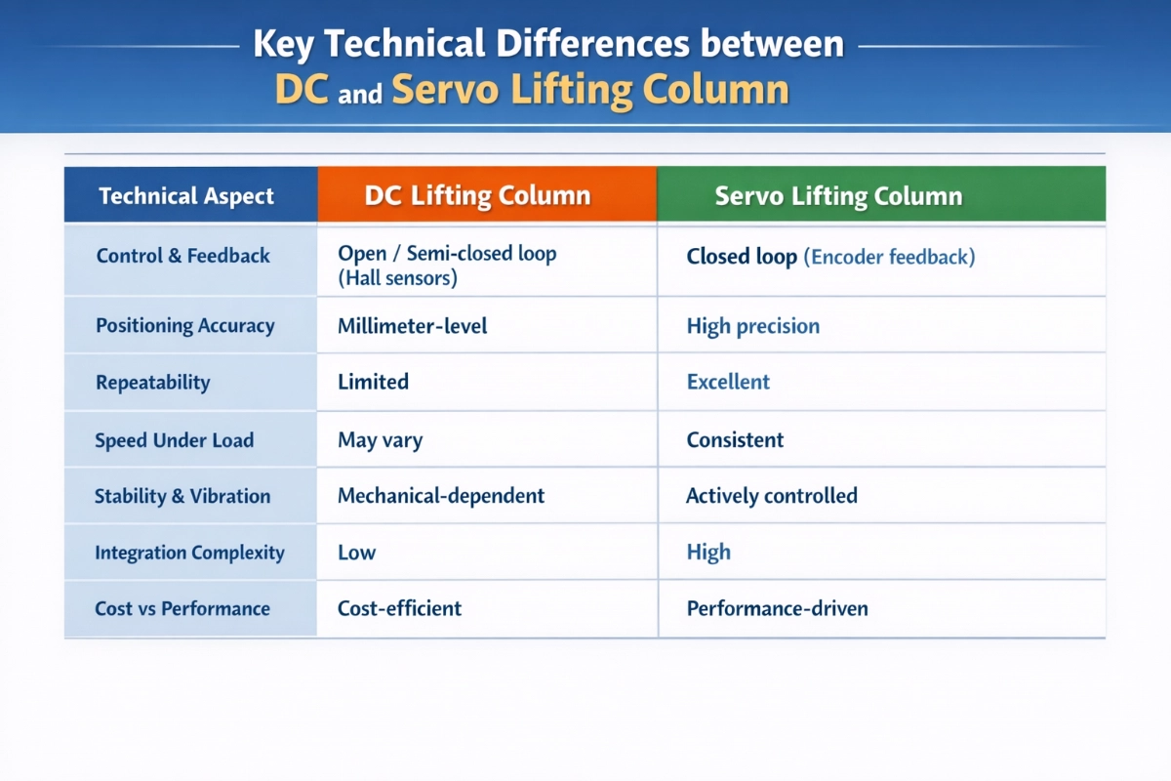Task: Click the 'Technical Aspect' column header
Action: pyautogui.click(x=186, y=196)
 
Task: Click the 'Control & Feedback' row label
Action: pyautogui.click(x=183, y=256)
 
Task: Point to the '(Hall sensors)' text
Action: pyautogui.click(x=397, y=278)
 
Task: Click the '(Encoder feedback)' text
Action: pyautogui.click(x=889, y=258)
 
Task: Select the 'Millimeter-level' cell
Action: pyautogui.click(x=412, y=326)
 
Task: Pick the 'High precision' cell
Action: pyautogui.click(x=752, y=326)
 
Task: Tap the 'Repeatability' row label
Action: pyautogui.click(x=152, y=383)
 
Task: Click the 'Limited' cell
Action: pyautogui.click(x=373, y=382)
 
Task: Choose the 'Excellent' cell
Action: pyautogui.click(x=728, y=382)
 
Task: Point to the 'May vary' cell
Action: pyautogui.click(x=380, y=440)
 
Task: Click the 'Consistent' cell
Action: pyautogui.click(x=735, y=440)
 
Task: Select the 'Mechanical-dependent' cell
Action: pyautogui.click(x=441, y=496)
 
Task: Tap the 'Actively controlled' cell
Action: pyautogui.click(x=772, y=496)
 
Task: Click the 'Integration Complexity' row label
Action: pyautogui.click(x=189, y=553)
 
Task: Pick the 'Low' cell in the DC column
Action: pyautogui.click(x=356, y=553)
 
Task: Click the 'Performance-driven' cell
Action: pyautogui.click(x=777, y=608)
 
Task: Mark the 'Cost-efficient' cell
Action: pyautogui.click(x=399, y=608)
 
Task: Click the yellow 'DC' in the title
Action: pyautogui.click(x=302, y=89)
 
